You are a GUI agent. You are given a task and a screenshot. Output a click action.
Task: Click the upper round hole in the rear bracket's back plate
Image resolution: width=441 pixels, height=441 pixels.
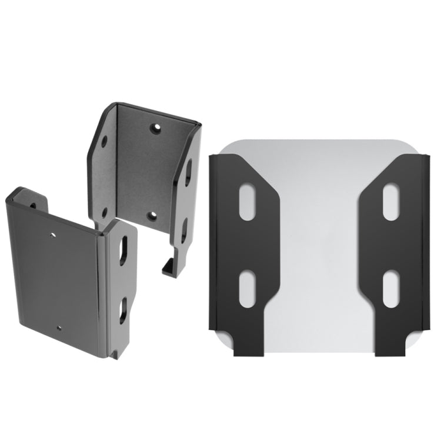tap(155, 128)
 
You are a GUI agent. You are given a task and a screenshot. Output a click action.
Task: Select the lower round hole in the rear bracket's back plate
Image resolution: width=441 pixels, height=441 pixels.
tap(152, 216)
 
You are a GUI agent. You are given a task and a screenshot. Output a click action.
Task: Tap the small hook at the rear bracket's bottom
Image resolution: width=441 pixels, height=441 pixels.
tap(167, 267)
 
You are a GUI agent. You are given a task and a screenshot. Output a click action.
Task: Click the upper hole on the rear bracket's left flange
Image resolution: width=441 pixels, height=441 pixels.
tap(105, 142)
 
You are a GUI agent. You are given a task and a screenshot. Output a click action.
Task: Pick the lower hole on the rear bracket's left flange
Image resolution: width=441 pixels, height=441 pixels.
tap(104, 212)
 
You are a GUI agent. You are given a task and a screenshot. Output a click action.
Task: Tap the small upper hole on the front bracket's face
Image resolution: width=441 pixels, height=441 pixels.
tap(53, 233)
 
